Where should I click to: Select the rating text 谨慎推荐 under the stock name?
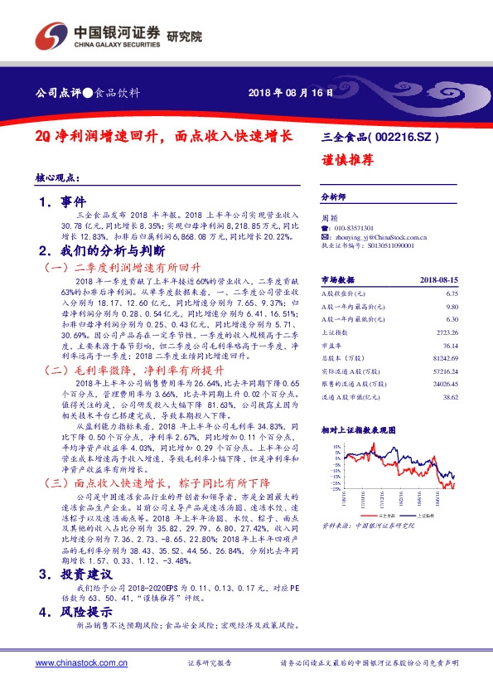point(344,161)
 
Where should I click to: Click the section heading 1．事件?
point(62,201)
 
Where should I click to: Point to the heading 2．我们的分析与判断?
point(102,250)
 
